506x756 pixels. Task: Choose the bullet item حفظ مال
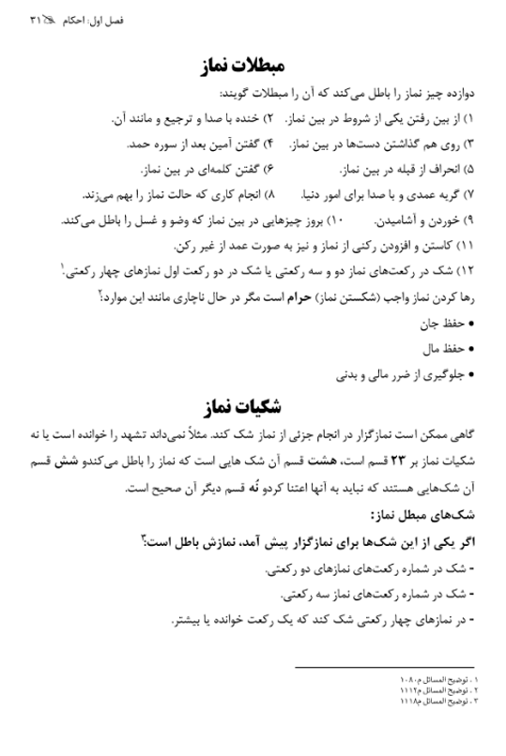(442, 350)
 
